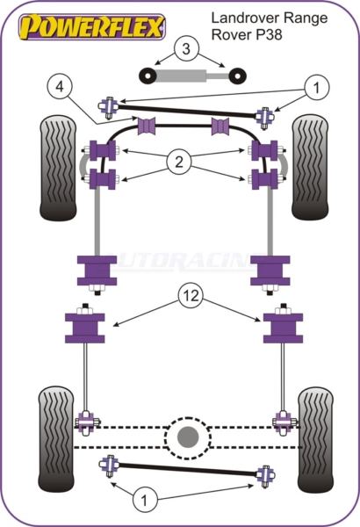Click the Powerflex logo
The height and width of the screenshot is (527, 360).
pos(92,26)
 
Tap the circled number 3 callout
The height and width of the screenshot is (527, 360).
pos(186,48)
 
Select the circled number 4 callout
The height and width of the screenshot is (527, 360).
pos(60,87)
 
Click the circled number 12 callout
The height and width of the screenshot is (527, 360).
pos(191,296)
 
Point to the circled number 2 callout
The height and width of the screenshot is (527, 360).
pos(179,162)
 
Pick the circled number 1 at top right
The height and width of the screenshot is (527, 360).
pos(316,87)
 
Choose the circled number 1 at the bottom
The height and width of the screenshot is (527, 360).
pos(145,500)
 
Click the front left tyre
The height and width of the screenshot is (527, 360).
pos(58,168)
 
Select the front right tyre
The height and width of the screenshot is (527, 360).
pos(310,167)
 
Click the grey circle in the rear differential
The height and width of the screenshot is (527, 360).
pos(188,437)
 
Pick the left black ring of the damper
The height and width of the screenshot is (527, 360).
pos(148,76)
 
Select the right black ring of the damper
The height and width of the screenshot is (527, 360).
pos(238,76)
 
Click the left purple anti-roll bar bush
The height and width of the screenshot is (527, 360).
pos(147,126)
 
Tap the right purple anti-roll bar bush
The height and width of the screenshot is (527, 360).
pos(220,126)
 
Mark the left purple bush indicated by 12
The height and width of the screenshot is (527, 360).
pos(84,328)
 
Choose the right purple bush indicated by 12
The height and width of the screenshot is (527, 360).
pos(283,328)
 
